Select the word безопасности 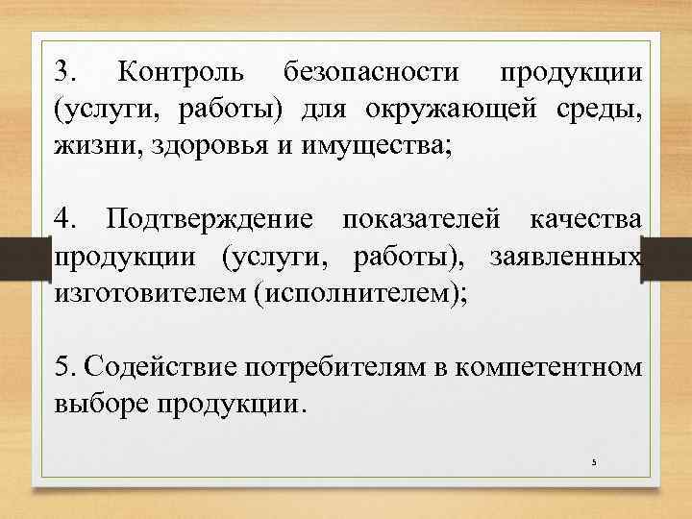(370, 72)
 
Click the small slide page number (594, 462)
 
